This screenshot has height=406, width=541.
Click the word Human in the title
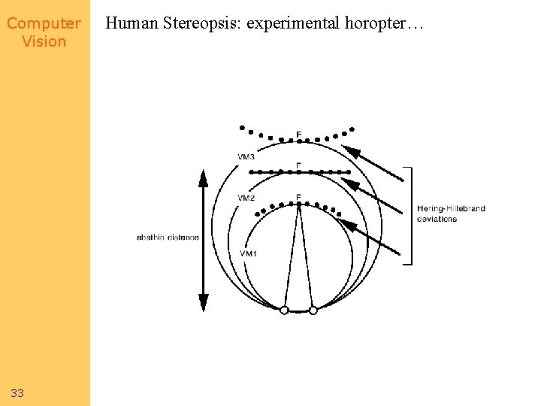coord(131,24)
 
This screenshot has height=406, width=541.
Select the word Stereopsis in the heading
coord(201,24)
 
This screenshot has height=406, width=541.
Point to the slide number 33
coord(17,393)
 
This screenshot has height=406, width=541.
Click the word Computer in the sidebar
coord(44,23)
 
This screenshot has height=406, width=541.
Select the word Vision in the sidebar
coord(44,41)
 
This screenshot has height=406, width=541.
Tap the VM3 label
coord(246,156)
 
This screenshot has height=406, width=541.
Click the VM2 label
coord(246,198)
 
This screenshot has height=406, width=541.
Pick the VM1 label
coord(248,253)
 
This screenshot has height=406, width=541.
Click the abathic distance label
coord(168,238)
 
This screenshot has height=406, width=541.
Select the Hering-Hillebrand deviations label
coord(451,214)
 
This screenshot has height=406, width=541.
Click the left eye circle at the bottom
coord(284,310)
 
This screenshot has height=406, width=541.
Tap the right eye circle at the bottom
coord(313,310)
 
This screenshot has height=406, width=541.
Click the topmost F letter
coord(298,135)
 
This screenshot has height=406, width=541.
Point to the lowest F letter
coord(298,198)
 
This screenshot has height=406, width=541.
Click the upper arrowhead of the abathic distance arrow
coord(202,178)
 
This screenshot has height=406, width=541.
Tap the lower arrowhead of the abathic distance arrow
coord(202,302)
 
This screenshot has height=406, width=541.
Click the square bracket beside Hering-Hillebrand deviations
coord(410,215)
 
